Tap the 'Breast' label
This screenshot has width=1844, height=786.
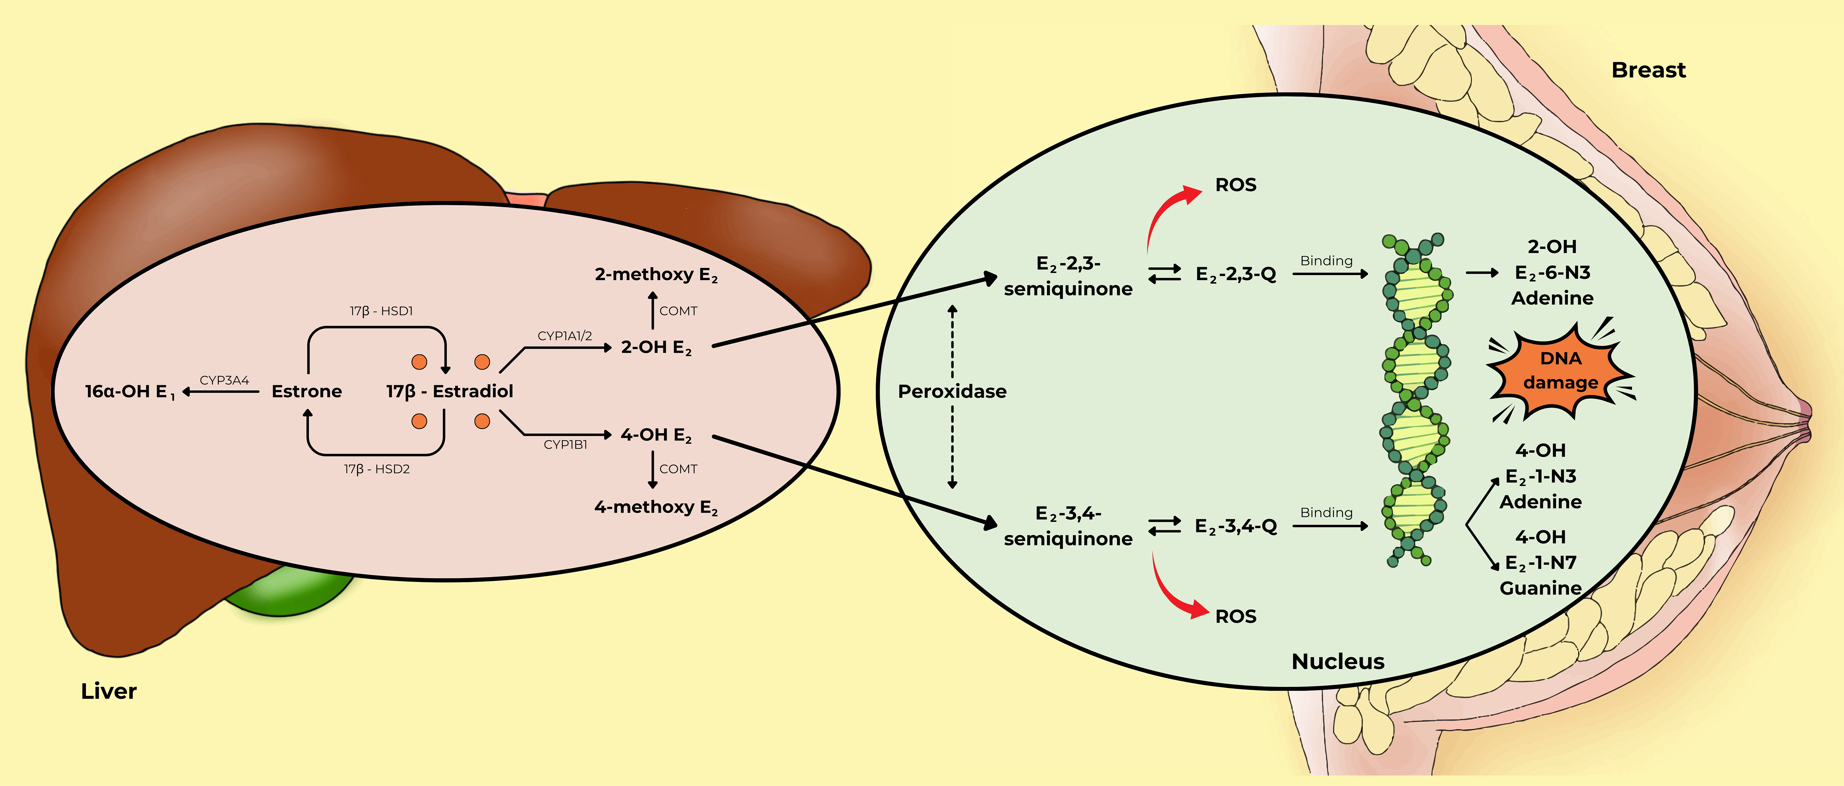click(1648, 70)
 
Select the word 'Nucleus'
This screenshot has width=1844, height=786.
click(1337, 661)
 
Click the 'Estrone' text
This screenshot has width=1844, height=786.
click(306, 391)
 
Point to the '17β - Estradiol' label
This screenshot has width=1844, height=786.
click(450, 391)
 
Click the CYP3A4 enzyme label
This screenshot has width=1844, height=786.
click(224, 380)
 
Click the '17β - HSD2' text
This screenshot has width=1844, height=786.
click(377, 469)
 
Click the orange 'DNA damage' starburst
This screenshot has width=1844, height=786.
click(1561, 371)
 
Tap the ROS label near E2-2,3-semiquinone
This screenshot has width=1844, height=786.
click(1236, 185)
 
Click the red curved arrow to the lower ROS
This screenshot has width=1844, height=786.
click(1174, 591)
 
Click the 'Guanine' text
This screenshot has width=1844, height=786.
click(1541, 588)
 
